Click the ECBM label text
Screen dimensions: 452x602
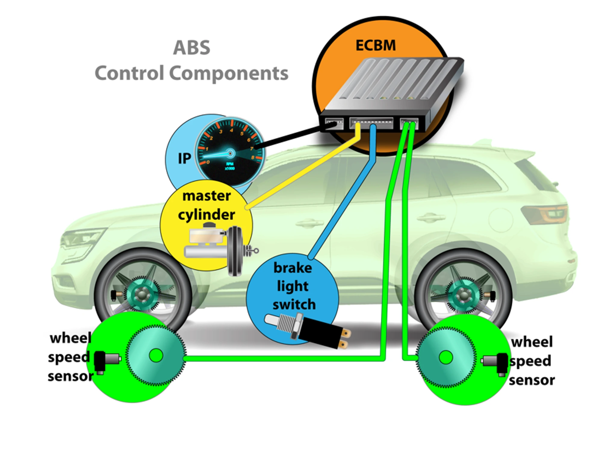[375, 45]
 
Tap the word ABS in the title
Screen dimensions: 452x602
[192, 48]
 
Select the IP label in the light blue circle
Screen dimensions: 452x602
[184, 158]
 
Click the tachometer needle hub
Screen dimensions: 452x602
[230, 154]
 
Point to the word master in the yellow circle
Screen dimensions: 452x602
[206, 196]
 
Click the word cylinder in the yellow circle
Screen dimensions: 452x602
[206, 215]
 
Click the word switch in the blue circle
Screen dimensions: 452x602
[294, 305]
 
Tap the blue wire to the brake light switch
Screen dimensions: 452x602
[343, 211]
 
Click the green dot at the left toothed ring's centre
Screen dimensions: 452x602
[156, 355]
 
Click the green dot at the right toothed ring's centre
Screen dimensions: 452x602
[445, 357]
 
